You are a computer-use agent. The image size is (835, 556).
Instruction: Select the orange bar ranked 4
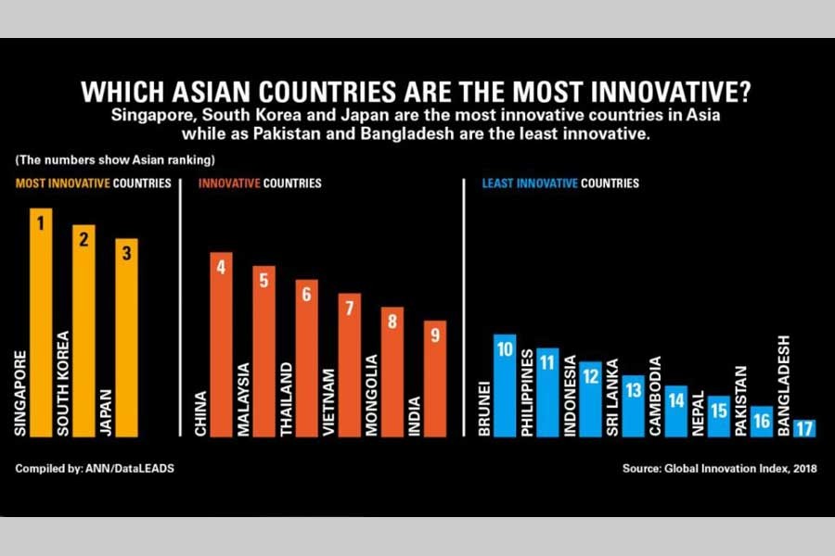click(222, 343)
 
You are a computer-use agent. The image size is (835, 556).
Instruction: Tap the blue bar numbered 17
click(804, 427)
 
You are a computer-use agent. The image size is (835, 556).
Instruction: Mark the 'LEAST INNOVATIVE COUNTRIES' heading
click(560, 183)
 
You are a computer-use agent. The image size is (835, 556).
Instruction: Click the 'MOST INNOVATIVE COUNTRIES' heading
click(93, 183)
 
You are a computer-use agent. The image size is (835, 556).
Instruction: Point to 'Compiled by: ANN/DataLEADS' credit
click(95, 469)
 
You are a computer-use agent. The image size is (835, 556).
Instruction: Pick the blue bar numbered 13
click(633, 405)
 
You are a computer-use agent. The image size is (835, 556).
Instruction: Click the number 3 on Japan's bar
click(126, 250)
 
